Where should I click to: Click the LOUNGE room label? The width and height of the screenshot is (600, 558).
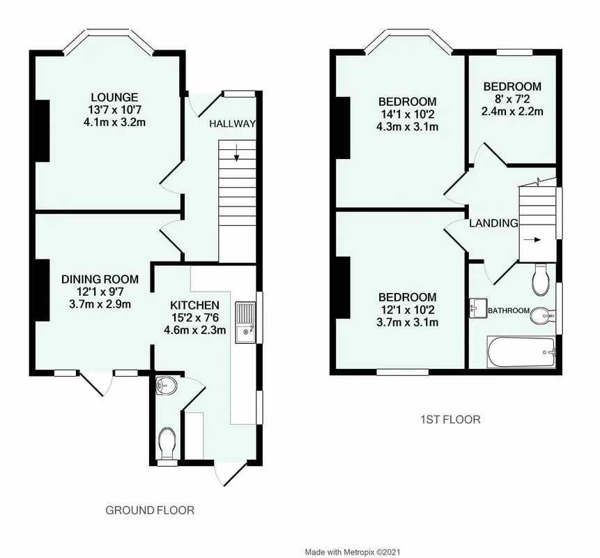(x=114, y=97)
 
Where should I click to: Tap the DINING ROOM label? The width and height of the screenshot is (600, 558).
(x=100, y=279)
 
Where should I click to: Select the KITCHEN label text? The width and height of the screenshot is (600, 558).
(x=194, y=306)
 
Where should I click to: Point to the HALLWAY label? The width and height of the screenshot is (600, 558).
(x=232, y=123)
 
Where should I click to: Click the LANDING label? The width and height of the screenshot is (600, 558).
(x=493, y=223)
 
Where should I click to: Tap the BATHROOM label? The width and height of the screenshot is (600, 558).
(x=509, y=310)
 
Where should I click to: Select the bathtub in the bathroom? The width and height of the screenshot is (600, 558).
(x=521, y=352)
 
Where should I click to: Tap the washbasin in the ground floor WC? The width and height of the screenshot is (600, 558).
(x=166, y=385)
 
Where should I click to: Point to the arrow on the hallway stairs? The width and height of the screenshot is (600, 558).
(x=237, y=153)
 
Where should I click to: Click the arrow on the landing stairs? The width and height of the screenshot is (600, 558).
(x=532, y=240)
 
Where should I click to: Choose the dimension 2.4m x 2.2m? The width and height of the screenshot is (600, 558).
(x=512, y=112)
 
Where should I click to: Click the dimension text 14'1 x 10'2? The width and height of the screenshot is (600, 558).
(x=407, y=114)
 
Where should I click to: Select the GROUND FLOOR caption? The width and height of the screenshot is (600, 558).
(x=150, y=510)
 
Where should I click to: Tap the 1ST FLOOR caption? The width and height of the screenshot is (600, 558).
(x=450, y=420)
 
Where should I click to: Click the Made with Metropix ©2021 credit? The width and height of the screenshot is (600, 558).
(x=353, y=552)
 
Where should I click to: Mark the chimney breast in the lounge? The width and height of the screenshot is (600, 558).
(x=43, y=131)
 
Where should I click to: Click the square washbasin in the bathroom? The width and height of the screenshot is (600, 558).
(x=478, y=308)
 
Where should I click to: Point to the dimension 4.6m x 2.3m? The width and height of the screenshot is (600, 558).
(x=194, y=330)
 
